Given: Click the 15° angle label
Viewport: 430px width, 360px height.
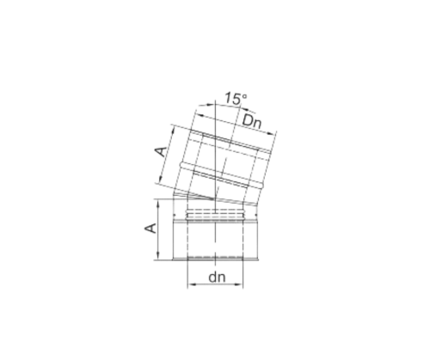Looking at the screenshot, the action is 235,98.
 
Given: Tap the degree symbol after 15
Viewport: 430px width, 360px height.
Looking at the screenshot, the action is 244,95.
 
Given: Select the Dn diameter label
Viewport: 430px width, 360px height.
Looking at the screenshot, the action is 252,121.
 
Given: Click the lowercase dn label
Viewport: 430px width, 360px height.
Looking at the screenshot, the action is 217,278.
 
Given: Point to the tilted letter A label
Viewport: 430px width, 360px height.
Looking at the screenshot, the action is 161,151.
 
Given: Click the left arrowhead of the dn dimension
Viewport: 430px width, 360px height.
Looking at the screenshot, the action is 192,284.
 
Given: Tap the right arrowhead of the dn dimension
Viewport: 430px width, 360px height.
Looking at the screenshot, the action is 239,284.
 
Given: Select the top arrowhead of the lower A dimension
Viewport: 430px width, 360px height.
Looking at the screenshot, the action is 158,204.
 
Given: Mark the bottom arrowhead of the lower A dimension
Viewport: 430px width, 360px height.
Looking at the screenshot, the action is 158,255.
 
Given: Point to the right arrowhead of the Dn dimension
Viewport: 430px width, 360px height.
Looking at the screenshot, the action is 271,133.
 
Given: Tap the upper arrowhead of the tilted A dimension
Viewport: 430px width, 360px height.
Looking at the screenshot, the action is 173,131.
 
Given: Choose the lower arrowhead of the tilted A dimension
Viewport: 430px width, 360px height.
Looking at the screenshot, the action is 160,179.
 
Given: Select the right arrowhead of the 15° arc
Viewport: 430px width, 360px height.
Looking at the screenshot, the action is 252,111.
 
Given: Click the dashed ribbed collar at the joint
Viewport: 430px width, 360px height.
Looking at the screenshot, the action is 215,216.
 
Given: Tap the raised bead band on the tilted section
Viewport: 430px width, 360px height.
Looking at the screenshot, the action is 221,175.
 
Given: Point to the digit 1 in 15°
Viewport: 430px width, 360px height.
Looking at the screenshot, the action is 227,99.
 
